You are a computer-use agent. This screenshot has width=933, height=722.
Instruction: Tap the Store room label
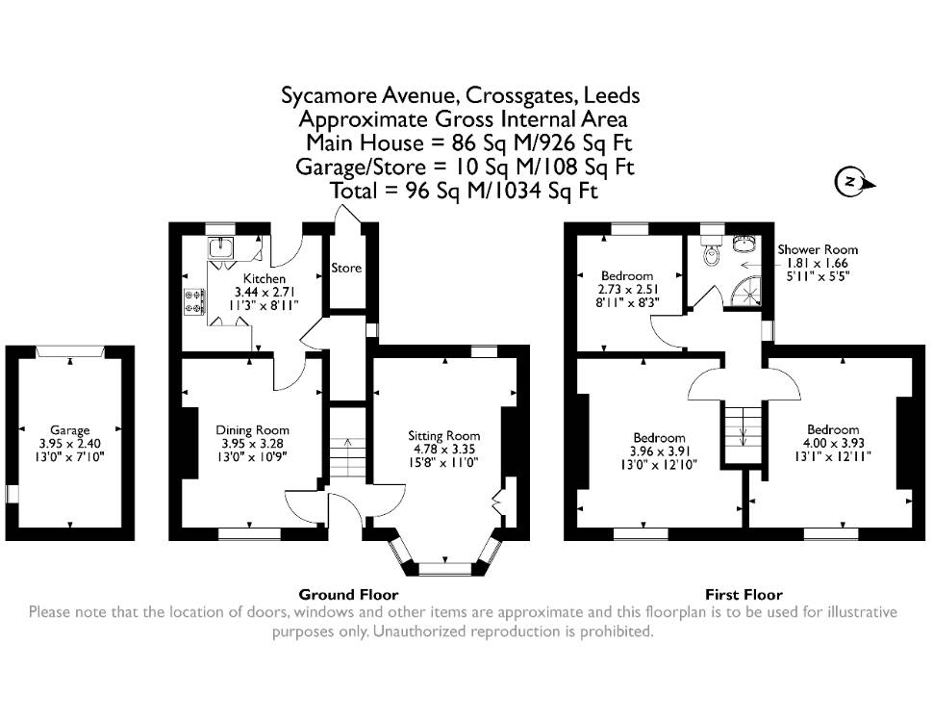[346, 268]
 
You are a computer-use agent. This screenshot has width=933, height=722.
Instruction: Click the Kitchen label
[265, 278]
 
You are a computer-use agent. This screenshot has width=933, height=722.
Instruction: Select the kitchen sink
[221, 246]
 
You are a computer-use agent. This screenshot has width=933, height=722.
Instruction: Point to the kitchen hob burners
[194, 300]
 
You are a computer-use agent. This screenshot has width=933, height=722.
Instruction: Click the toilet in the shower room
[711, 250]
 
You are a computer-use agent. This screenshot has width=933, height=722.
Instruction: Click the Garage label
[69, 429]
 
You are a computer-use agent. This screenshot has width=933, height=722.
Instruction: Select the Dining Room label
[252, 429]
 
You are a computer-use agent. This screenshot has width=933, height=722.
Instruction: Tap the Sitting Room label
[443, 435]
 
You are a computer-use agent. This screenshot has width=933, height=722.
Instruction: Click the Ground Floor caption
[349, 594]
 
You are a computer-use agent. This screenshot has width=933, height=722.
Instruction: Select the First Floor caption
[744, 594]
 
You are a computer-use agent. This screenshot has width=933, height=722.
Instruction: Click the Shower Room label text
[818, 249]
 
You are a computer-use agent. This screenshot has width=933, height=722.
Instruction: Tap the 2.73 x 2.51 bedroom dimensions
[627, 290]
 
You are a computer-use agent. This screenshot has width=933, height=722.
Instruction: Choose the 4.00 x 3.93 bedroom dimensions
[833, 443]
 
